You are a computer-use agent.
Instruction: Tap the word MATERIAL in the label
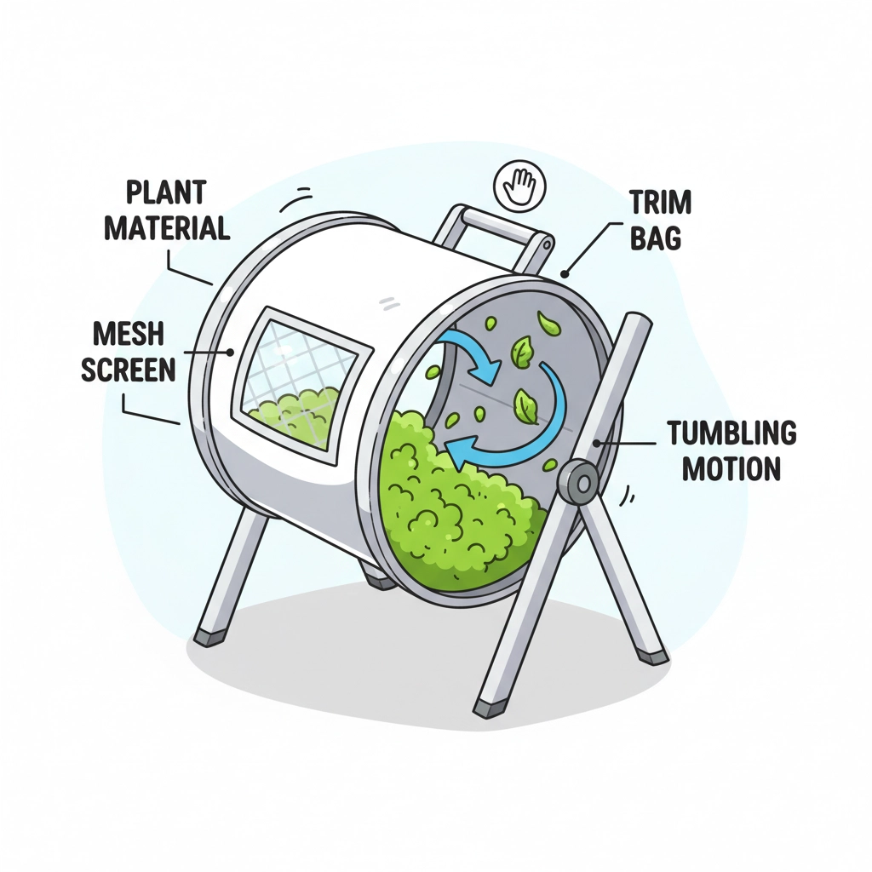167,227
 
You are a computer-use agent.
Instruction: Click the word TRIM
660,204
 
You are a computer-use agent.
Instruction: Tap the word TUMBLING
731,433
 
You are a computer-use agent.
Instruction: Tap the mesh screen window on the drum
302,379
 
